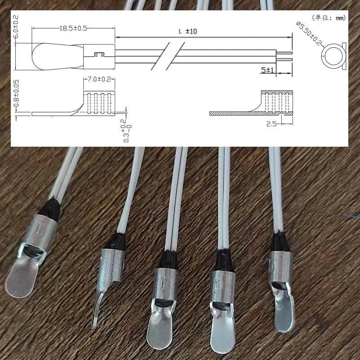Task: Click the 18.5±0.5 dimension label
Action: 73,28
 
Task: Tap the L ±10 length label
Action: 188,31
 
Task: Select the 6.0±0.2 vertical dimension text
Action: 16,27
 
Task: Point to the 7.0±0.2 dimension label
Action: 99,80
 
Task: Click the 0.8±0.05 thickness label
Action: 16,94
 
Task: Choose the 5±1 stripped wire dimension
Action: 267,70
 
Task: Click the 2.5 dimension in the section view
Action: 271,124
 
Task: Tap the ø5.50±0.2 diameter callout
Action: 309,33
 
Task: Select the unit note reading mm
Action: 341,18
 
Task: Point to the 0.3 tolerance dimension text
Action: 127,130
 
